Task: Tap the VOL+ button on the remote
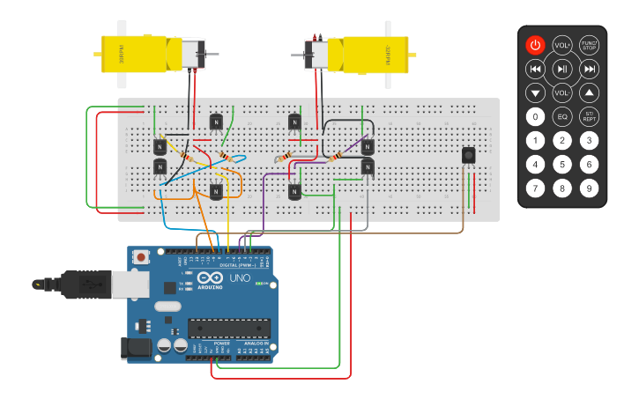[562, 45]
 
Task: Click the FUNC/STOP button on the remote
[590, 45]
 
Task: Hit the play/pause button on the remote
[562, 69]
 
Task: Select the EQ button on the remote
[562, 116]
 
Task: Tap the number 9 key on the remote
[590, 188]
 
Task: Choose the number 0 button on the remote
[535, 116]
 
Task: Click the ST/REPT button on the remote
[590, 116]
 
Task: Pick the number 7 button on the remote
[535, 188]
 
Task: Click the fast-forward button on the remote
[590, 69]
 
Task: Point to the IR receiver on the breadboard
[468, 156]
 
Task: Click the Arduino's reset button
[141, 257]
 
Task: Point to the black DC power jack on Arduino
[136, 347]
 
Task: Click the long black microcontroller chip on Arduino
[228, 328]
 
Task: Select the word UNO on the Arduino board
[241, 278]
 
